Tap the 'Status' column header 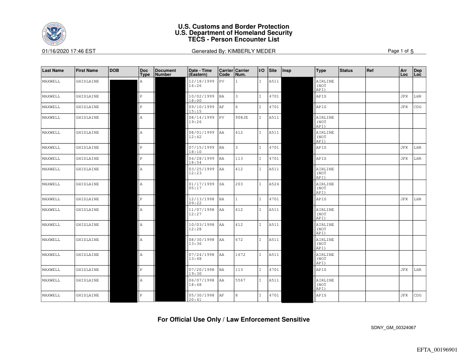(x=346, y=71)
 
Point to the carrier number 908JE (x=241, y=118)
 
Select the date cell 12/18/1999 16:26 (x=202, y=84)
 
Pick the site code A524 (x=274, y=184)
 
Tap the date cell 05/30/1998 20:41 (x=202, y=297)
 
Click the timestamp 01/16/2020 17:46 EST (x=69, y=51)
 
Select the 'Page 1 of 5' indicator (x=400, y=51)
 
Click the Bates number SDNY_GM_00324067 (x=393, y=327)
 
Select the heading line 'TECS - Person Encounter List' (x=233, y=39)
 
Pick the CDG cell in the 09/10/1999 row (x=418, y=107)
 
